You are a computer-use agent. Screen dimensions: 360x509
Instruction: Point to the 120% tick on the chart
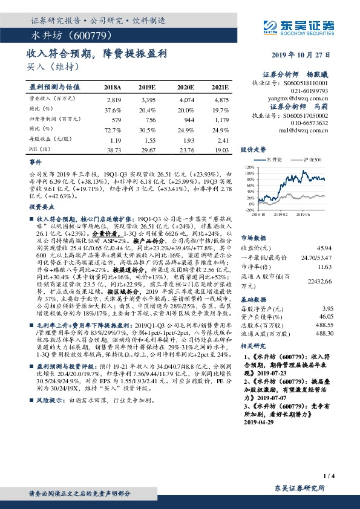(248, 166)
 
